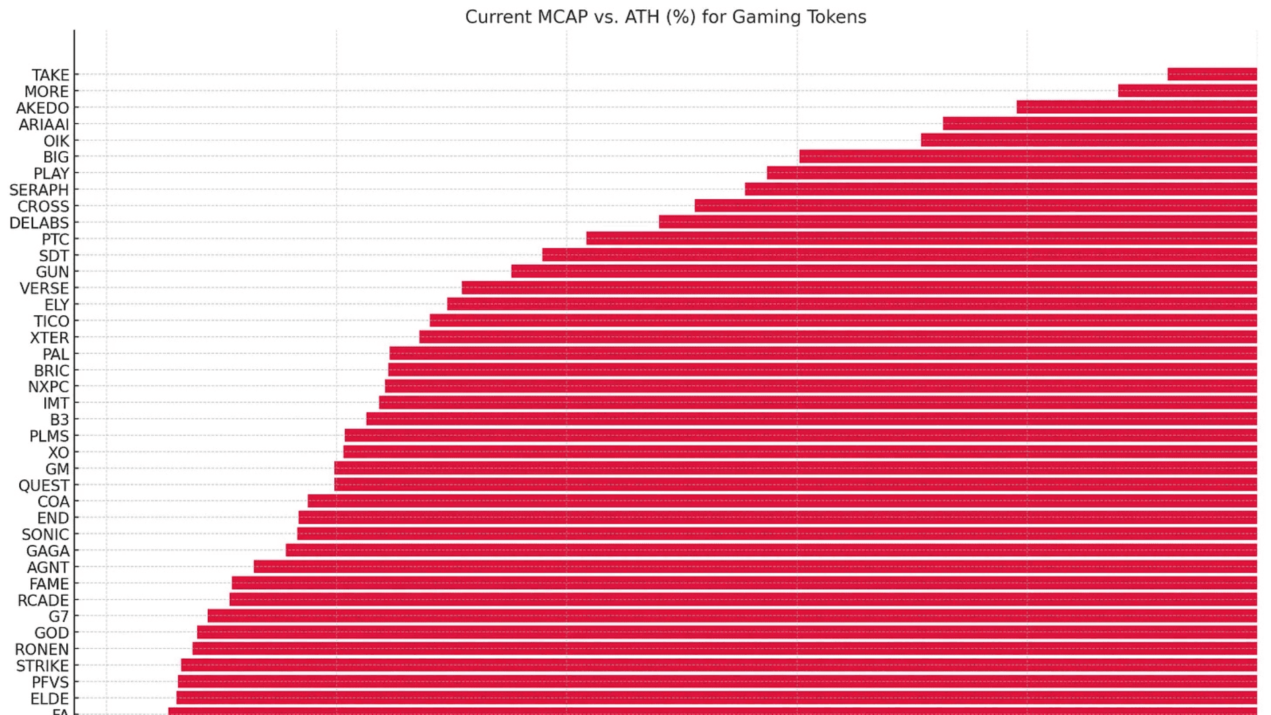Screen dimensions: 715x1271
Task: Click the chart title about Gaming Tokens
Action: pyautogui.click(x=665, y=17)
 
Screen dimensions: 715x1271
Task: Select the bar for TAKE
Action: pyautogui.click(x=1211, y=74)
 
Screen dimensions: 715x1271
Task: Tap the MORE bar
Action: pyautogui.click(x=1187, y=91)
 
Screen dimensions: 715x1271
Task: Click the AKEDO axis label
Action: pyautogui.click(x=42, y=108)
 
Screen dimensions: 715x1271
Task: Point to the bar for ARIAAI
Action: pyautogui.click(x=1099, y=124)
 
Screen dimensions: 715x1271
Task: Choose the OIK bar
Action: pyautogui.click(x=1088, y=140)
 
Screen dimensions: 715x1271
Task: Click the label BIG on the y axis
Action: pyautogui.click(x=56, y=157)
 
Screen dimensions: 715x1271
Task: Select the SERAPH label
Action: pyautogui.click(x=38, y=190)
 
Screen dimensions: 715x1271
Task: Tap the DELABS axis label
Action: pyautogui.click(x=38, y=223)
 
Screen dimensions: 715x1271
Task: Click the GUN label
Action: pyautogui.click(x=52, y=272)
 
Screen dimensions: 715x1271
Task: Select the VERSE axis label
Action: pyautogui.click(x=44, y=289)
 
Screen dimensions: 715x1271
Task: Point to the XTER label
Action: pyautogui.click(x=49, y=338)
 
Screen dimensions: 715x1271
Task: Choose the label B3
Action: pyautogui.click(x=59, y=420)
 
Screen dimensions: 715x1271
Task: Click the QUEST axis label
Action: pyautogui.click(x=43, y=485)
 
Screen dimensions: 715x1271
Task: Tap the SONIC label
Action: pyautogui.click(x=45, y=534)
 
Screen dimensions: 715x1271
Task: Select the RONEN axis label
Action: pyautogui.click(x=42, y=649)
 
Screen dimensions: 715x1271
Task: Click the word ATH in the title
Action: pyautogui.click(x=641, y=17)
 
